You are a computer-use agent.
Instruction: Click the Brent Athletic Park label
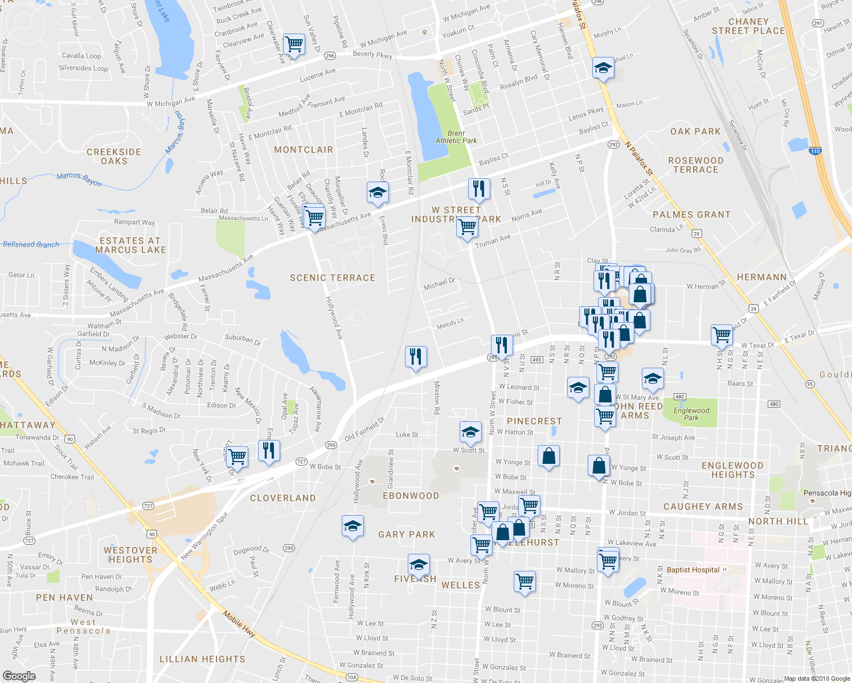pyautogui.click(x=456, y=137)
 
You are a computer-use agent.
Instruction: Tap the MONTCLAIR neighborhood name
pyautogui.click(x=304, y=150)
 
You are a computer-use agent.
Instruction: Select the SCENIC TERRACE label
pyautogui.click(x=333, y=278)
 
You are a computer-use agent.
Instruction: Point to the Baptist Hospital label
pyautogui.click(x=693, y=570)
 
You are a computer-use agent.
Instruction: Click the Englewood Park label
pyautogui.click(x=691, y=414)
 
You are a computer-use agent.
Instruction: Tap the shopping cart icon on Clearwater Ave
pyautogui.click(x=294, y=43)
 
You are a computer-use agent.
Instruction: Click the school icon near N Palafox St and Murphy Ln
pyautogui.click(x=603, y=68)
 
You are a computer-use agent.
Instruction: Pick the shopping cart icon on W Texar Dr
pyautogui.click(x=722, y=334)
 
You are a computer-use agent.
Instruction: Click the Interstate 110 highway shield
pyautogui.click(x=815, y=151)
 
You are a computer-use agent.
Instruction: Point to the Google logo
pyautogui.click(x=19, y=676)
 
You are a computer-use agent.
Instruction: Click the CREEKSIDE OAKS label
pyautogui.click(x=114, y=157)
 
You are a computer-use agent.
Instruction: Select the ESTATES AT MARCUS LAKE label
pyautogui.click(x=130, y=245)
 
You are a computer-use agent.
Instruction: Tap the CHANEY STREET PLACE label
pyautogui.click(x=748, y=26)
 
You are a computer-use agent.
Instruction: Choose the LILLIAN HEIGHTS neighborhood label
pyautogui.click(x=202, y=659)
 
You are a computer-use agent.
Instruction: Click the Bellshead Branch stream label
pyautogui.click(x=31, y=244)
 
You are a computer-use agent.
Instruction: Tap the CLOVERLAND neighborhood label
pyautogui.click(x=282, y=498)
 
